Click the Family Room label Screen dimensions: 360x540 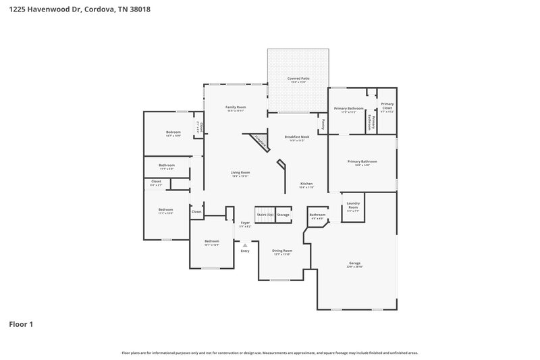click(236, 107)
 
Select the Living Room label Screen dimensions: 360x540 click(241, 173)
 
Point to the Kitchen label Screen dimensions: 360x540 click(306, 184)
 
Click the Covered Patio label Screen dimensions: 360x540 click(298, 79)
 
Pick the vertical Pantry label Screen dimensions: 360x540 click(323, 124)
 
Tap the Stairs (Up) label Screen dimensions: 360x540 click(265, 215)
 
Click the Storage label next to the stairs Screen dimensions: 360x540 click(283, 215)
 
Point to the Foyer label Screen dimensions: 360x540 click(245, 223)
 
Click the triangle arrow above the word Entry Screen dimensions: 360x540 click(245, 246)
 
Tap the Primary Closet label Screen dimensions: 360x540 click(387, 105)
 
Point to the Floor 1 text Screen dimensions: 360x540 click(20, 324)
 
